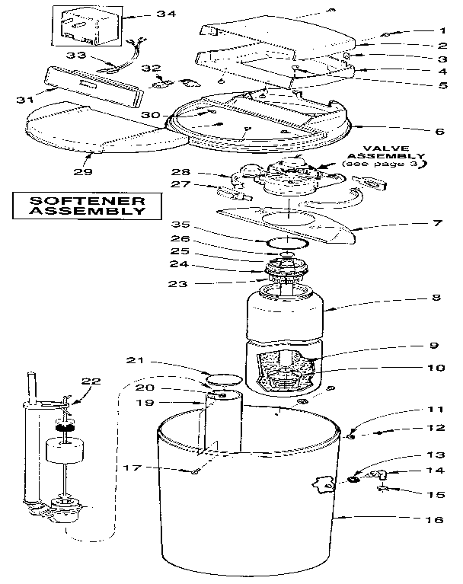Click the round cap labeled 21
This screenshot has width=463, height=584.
pos(222,378)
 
